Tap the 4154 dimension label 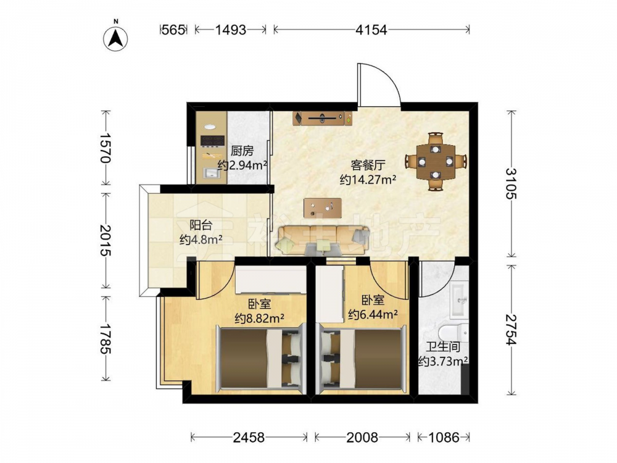click(371, 30)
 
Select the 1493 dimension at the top click(231, 30)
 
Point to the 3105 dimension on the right click(511, 183)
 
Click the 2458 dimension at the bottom click(249, 437)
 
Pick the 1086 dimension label click(444, 437)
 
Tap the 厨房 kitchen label click(242, 151)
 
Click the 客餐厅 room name click(368, 165)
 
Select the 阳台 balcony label click(201, 225)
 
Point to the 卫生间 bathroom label click(443, 347)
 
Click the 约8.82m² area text click(259, 318)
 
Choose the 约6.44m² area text click(373, 315)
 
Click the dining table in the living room click(436, 161)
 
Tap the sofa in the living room click(323, 240)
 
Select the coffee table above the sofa click(322, 208)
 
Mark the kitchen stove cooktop click(212, 141)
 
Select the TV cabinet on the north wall click(322, 118)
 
